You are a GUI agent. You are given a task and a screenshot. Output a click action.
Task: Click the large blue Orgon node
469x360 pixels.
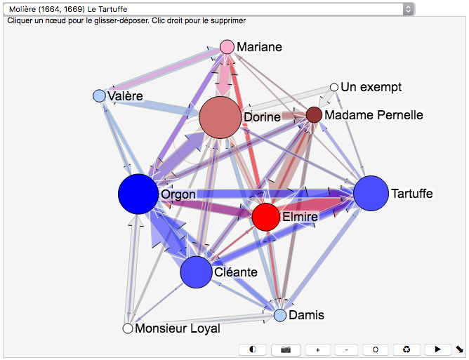pos(138,194)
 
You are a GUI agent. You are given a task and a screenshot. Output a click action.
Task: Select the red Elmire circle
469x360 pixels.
pos(266,217)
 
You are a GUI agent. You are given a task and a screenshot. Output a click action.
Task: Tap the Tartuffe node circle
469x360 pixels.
pos(371,194)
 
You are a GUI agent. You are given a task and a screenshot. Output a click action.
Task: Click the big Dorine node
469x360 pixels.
pos(220,117)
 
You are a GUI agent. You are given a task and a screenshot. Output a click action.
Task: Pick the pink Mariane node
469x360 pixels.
pos(227,47)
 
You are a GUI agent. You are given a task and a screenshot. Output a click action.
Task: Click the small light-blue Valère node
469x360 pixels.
pos(99,95)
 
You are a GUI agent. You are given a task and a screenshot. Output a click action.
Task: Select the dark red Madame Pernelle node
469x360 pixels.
pos(314,114)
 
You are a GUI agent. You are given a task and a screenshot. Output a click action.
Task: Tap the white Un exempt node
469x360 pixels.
pos(335,88)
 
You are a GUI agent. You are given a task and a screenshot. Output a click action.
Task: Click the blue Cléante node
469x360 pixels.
pos(197,272)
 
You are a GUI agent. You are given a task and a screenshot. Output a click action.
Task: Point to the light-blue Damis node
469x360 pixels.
pos(280,315)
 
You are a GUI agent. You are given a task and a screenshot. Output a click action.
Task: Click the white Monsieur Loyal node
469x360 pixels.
pos(128,328)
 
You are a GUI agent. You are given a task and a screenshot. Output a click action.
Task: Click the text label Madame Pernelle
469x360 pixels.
pos(374,114)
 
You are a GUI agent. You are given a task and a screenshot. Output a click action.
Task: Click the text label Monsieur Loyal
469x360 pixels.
pos(178,328)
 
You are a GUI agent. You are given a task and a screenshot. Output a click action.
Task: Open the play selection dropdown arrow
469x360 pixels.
pos(409,9)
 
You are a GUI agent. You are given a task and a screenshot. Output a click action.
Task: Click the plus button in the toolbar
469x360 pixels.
pos(317,349)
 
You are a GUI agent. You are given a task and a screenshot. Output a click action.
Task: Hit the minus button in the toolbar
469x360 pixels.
pos(346,349)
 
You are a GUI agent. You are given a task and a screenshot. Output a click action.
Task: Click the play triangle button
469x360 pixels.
pos(437,349)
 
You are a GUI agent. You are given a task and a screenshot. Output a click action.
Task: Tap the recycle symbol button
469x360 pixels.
pos(407,349)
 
